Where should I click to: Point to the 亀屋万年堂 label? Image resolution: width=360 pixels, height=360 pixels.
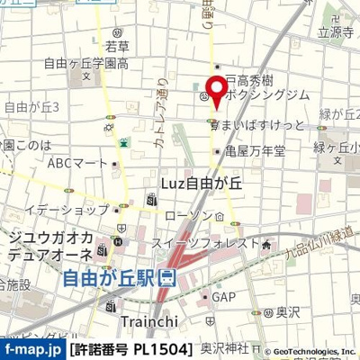[256, 151]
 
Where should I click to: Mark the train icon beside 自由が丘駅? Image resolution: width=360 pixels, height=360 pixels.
[166, 279]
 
